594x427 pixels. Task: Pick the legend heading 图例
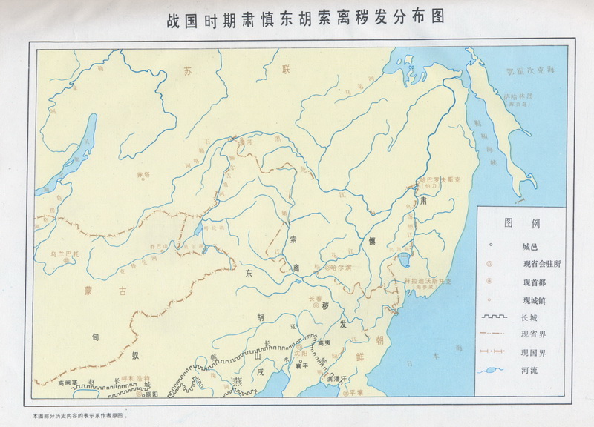[523, 223]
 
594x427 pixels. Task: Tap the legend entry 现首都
[523, 282]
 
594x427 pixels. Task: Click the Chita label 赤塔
[143, 175]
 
